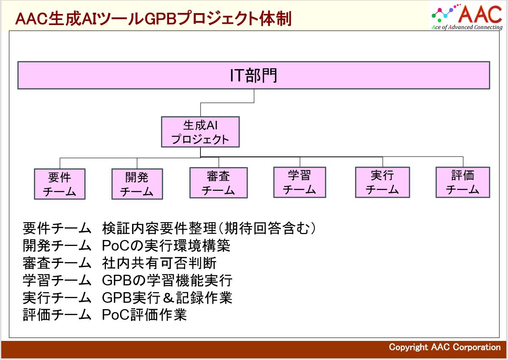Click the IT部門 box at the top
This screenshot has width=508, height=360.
coord(253,75)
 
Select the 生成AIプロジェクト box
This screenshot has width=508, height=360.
coord(200,132)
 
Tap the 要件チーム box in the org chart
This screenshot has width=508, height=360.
coord(59,184)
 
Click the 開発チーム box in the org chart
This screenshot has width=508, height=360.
coord(137,184)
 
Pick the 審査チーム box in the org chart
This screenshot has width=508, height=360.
coord(218,183)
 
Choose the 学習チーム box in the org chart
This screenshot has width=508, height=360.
coord(300,182)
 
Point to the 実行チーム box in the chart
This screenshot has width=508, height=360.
coord(382,182)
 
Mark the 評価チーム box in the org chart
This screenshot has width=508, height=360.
coord(463,182)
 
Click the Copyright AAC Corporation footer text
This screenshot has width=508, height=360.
coord(445,347)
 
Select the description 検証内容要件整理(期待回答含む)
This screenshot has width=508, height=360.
coord(209,229)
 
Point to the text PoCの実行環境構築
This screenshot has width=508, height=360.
coord(166,246)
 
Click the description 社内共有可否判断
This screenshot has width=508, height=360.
coord(159,263)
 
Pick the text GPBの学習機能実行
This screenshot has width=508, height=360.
coord(167,280)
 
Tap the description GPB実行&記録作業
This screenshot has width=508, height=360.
coord(167,298)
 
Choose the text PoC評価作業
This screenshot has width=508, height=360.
coord(144,315)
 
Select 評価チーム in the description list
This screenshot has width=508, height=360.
coord(57,315)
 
